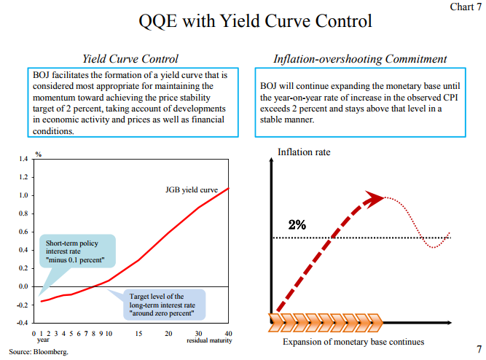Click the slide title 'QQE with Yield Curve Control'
point(255,21)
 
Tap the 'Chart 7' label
point(465,7)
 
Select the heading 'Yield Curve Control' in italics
point(130,58)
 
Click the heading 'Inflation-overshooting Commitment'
point(360,58)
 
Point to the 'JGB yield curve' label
point(192,190)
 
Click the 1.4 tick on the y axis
point(23,159)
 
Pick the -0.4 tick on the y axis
point(22,323)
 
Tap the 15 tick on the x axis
point(138,333)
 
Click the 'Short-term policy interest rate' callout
point(74,251)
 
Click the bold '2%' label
point(297,224)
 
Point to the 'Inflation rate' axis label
point(304,152)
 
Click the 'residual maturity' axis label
point(208,340)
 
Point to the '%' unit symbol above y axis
point(39,154)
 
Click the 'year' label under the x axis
point(43,340)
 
